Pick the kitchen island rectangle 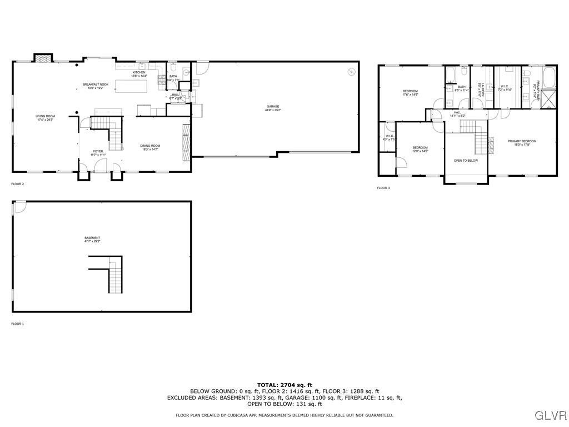tap(132, 86)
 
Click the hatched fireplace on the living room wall tap(43, 57)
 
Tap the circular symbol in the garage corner tap(351, 71)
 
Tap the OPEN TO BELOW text tap(466, 161)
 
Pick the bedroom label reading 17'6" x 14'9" tap(410, 93)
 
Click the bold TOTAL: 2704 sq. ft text tap(284, 385)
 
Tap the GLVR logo tap(550, 415)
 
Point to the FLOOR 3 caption tap(383, 188)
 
